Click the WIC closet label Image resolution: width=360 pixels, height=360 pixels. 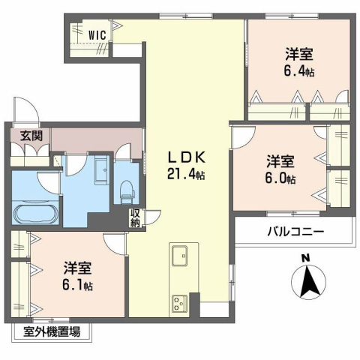click(x=97, y=34)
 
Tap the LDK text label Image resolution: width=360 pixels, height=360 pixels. click(x=184, y=158)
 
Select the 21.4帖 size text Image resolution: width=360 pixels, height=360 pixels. click(x=185, y=175)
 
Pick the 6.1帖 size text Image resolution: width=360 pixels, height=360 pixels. click(x=77, y=285)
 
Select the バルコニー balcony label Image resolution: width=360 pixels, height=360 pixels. click(x=295, y=232)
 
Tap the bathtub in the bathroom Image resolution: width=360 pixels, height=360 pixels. click(x=36, y=211)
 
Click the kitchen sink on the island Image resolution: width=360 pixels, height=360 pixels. click(x=181, y=256)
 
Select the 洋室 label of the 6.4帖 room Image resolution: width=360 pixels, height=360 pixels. click(x=298, y=54)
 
